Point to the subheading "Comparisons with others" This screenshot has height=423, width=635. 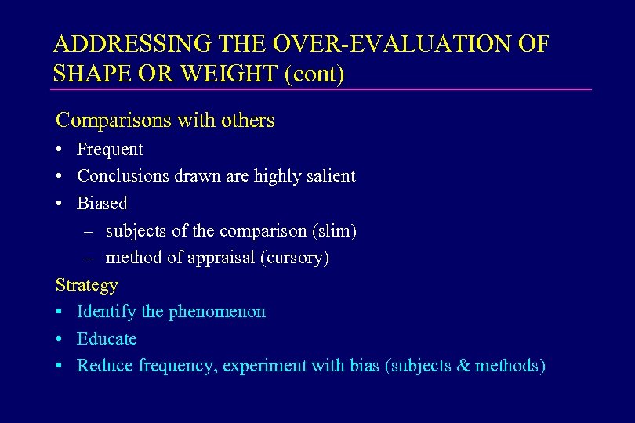[x=165, y=121]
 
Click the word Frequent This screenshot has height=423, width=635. [x=110, y=149]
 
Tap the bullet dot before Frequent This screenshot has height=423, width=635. [x=60, y=150]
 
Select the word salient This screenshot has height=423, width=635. [x=329, y=176]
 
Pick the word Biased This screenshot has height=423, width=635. [x=102, y=204]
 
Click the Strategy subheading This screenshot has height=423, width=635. [x=86, y=284]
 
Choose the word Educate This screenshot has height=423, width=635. [x=107, y=339]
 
